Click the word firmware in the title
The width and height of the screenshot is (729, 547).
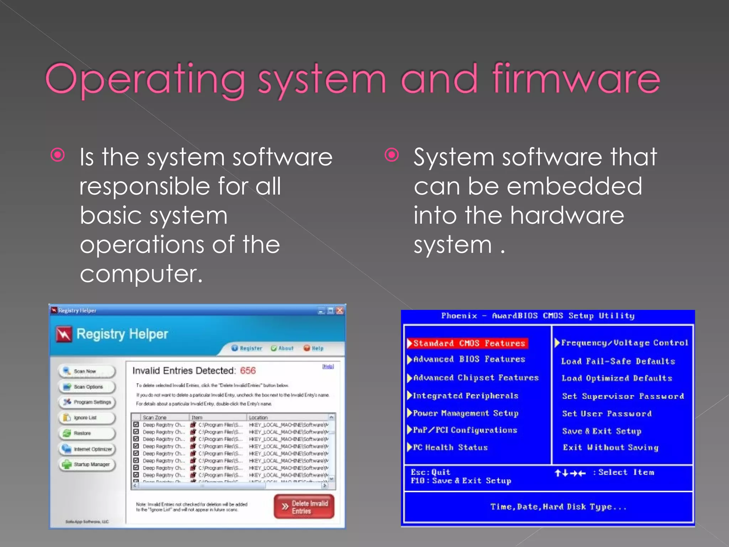(576, 79)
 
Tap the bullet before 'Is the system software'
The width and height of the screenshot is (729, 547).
(58, 155)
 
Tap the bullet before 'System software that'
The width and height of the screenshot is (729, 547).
(392, 155)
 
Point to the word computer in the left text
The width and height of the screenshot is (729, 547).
(141, 274)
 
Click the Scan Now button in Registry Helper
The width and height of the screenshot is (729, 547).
(86, 371)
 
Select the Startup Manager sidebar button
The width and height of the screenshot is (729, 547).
(87, 464)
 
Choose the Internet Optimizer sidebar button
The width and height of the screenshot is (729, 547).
(87, 449)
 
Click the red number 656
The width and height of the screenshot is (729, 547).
(248, 370)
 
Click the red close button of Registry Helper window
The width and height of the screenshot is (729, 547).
(340, 311)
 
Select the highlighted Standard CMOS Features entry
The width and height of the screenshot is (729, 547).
(468, 343)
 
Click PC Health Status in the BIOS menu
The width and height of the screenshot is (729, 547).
(450, 447)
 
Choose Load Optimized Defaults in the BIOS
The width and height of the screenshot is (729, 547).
(617, 378)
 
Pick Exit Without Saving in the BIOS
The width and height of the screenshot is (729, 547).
(610, 447)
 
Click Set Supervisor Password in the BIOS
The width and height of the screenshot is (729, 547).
(623, 396)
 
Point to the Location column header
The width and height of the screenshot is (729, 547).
(258, 417)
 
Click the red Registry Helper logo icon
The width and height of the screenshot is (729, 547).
(64, 334)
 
